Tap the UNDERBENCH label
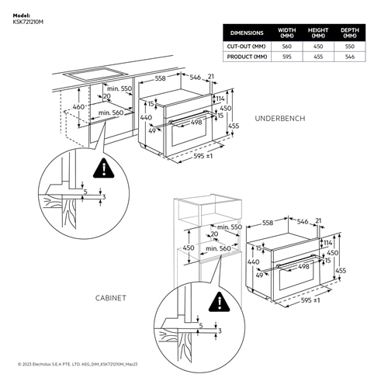tap(279, 118)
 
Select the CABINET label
tap(112, 297)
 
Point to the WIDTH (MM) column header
tap(287, 33)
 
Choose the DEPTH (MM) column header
tap(349, 33)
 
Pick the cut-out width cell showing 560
tap(287, 47)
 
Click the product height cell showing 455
tap(318, 57)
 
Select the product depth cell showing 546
tap(349, 57)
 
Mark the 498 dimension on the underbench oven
tap(196, 122)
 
